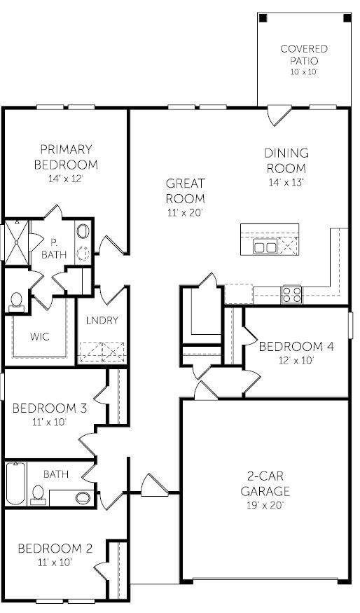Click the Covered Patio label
(304, 55)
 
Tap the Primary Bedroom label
(66, 157)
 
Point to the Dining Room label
(286, 160)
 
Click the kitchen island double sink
(265, 247)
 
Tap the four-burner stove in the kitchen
(291, 294)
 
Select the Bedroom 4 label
(291, 346)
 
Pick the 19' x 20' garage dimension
(265, 504)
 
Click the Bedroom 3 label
(50, 408)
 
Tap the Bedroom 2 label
(55, 548)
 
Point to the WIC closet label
(40, 336)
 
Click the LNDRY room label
(102, 320)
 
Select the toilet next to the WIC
(17, 301)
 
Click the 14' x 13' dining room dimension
(286, 181)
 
